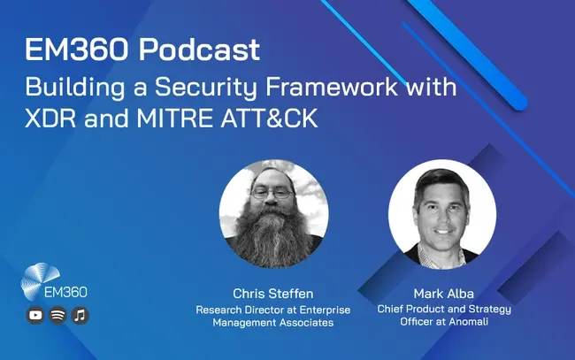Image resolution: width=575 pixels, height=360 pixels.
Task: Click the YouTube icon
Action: (35, 315)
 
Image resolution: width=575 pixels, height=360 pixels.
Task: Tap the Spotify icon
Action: (57, 315)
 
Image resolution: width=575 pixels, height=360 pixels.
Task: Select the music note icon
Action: (80, 315)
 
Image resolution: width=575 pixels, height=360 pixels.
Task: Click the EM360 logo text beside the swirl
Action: (65, 292)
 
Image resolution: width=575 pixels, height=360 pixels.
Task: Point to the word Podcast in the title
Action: (200, 50)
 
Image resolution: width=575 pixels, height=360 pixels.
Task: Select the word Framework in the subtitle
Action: (332, 87)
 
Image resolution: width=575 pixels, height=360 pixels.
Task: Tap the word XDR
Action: (50, 118)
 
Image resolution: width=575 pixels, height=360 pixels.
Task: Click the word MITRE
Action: (175, 118)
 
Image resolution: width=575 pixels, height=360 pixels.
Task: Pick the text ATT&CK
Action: (269, 118)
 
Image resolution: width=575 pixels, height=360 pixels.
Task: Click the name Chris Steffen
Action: (273, 294)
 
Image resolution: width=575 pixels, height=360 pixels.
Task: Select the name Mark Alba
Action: (444, 294)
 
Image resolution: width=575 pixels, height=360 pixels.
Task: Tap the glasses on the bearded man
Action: (272, 193)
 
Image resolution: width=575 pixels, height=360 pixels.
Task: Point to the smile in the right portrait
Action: (442, 232)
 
